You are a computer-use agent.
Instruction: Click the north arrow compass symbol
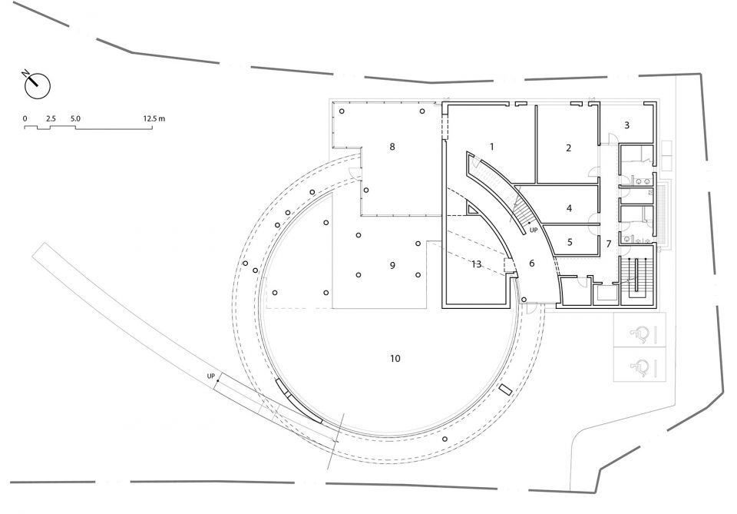tap(36, 85)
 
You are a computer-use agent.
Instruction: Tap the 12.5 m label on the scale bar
tap(154, 118)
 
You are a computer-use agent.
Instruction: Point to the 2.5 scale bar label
tap(51, 118)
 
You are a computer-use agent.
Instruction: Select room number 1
tap(491, 147)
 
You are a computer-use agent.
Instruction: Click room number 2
tap(568, 148)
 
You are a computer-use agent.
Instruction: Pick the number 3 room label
tap(626, 125)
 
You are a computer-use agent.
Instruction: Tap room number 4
tap(569, 208)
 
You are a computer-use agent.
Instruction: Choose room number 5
tap(570, 242)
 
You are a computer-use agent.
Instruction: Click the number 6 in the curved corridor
tap(531, 264)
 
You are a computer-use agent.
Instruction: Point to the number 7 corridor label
tap(609, 244)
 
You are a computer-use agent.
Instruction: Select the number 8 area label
tap(392, 147)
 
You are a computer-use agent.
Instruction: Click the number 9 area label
tap(392, 266)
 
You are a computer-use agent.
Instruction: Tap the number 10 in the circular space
tap(395, 359)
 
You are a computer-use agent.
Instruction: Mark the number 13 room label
tap(476, 264)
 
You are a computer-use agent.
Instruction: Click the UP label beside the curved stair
tap(534, 230)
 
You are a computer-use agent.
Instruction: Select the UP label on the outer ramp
tap(210, 376)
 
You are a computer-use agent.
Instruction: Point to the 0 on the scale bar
tap(25, 118)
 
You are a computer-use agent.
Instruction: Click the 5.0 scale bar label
tap(75, 118)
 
